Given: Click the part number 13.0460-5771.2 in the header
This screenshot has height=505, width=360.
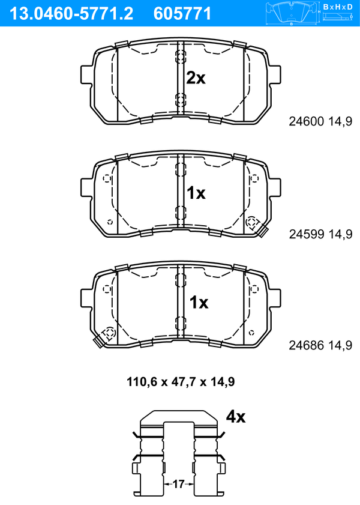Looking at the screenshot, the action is (x=71, y=14).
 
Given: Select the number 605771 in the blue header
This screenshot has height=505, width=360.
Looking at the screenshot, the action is (x=182, y=14).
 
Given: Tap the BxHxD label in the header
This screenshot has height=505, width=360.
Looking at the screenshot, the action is (x=337, y=7).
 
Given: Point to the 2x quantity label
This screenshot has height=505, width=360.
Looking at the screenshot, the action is (x=196, y=78).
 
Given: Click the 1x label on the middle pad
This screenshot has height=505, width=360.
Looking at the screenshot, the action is (x=196, y=193).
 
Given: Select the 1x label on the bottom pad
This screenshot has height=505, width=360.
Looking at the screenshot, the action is (x=199, y=303).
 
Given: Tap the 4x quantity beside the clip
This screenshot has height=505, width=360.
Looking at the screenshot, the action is (x=235, y=417).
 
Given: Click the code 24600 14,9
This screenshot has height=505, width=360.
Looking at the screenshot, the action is (x=320, y=121).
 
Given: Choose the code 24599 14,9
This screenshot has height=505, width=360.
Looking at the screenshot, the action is (x=320, y=234).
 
